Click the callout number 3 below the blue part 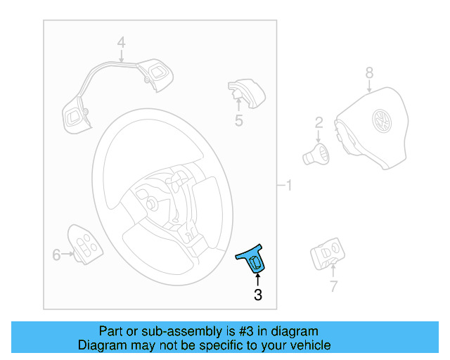coord(258,295)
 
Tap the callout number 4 coord(121,43)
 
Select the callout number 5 coord(239,121)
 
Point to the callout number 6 coord(57,255)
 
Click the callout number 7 coord(333,286)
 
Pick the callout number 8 coord(368,72)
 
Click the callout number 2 coord(319,122)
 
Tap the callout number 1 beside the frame coord(288,186)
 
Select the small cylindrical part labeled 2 coord(316,154)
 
